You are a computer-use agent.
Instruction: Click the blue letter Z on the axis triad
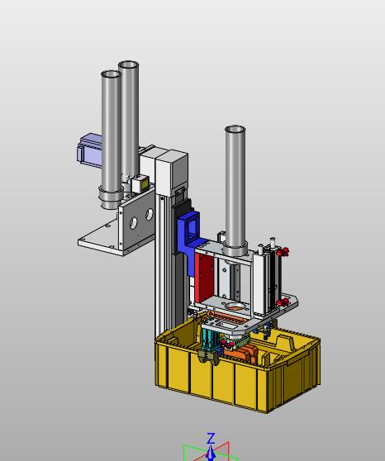coord(211,439)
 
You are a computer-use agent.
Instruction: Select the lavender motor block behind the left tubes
coord(89,150)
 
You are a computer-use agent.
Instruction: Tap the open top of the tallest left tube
coord(128,64)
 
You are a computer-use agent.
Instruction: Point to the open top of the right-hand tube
coord(235,129)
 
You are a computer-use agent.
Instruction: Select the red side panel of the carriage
coord(204,278)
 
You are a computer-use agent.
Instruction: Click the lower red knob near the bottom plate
coord(283,302)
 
